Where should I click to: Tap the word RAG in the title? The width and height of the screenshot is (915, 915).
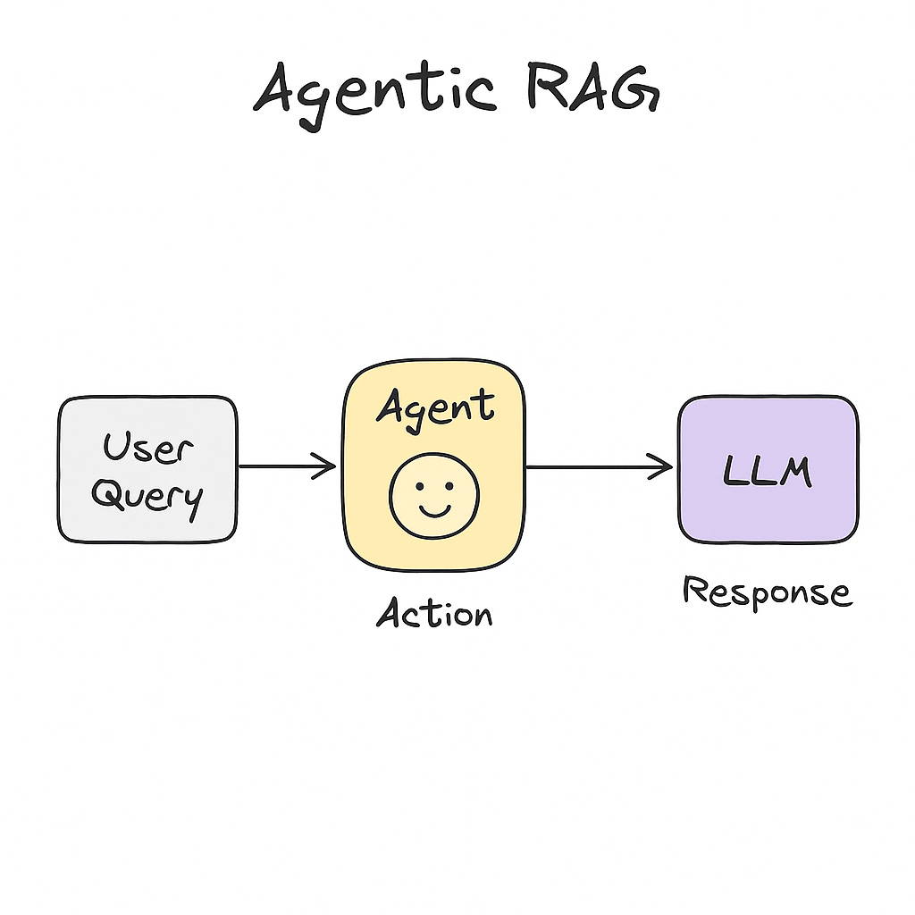[591, 89]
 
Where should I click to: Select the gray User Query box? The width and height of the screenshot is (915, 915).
[147, 469]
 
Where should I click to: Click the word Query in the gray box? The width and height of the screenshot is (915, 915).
[147, 496]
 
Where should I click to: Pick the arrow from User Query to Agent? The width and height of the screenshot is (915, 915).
[286, 466]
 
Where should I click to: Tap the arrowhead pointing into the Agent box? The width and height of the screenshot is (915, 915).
[325, 466]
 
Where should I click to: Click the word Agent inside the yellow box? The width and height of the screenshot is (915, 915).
[434, 407]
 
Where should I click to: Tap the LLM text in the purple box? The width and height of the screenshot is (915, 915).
[768, 471]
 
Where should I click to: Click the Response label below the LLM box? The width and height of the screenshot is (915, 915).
[767, 592]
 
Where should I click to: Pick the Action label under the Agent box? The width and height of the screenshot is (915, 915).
[434, 614]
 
